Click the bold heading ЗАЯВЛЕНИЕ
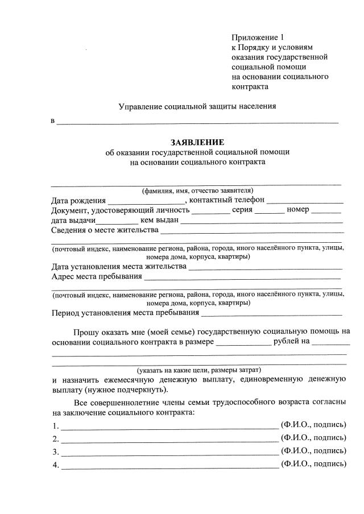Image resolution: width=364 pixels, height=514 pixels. (197, 142)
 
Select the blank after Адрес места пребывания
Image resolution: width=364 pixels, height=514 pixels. (242, 278)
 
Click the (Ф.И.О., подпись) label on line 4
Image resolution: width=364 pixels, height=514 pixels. (313, 464)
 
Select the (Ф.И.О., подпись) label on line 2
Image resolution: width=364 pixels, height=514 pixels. (313, 438)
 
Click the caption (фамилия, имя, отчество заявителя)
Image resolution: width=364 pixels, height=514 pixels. (197, 190)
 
